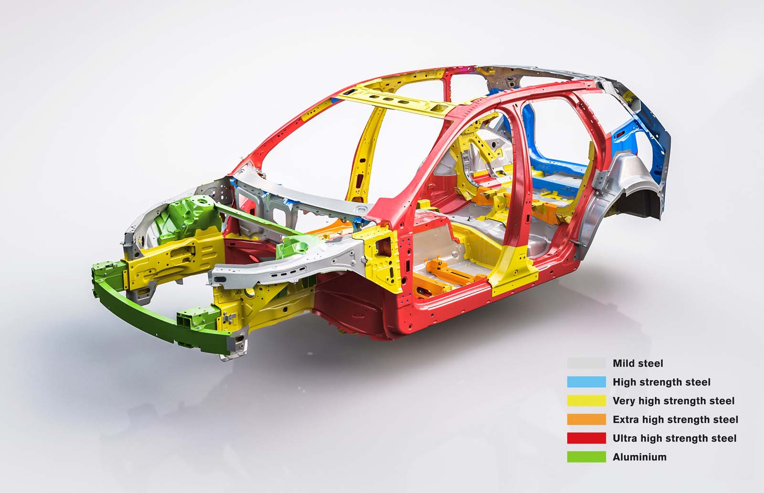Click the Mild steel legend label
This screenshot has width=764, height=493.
pos(638,364)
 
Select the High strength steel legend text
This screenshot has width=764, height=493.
pos(661,382)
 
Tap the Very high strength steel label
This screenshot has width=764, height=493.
pos(674,401)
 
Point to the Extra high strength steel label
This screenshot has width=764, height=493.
pos(675,419)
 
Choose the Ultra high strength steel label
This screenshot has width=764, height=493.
pos(675,439)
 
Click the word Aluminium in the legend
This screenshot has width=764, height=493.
pos(639,457)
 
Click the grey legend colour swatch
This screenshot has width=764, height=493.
pos(586,364)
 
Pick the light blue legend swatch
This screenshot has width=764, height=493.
pos(586,382)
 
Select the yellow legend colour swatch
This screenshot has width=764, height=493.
pos(586,401)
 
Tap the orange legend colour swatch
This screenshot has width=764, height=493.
pos(586,419)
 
